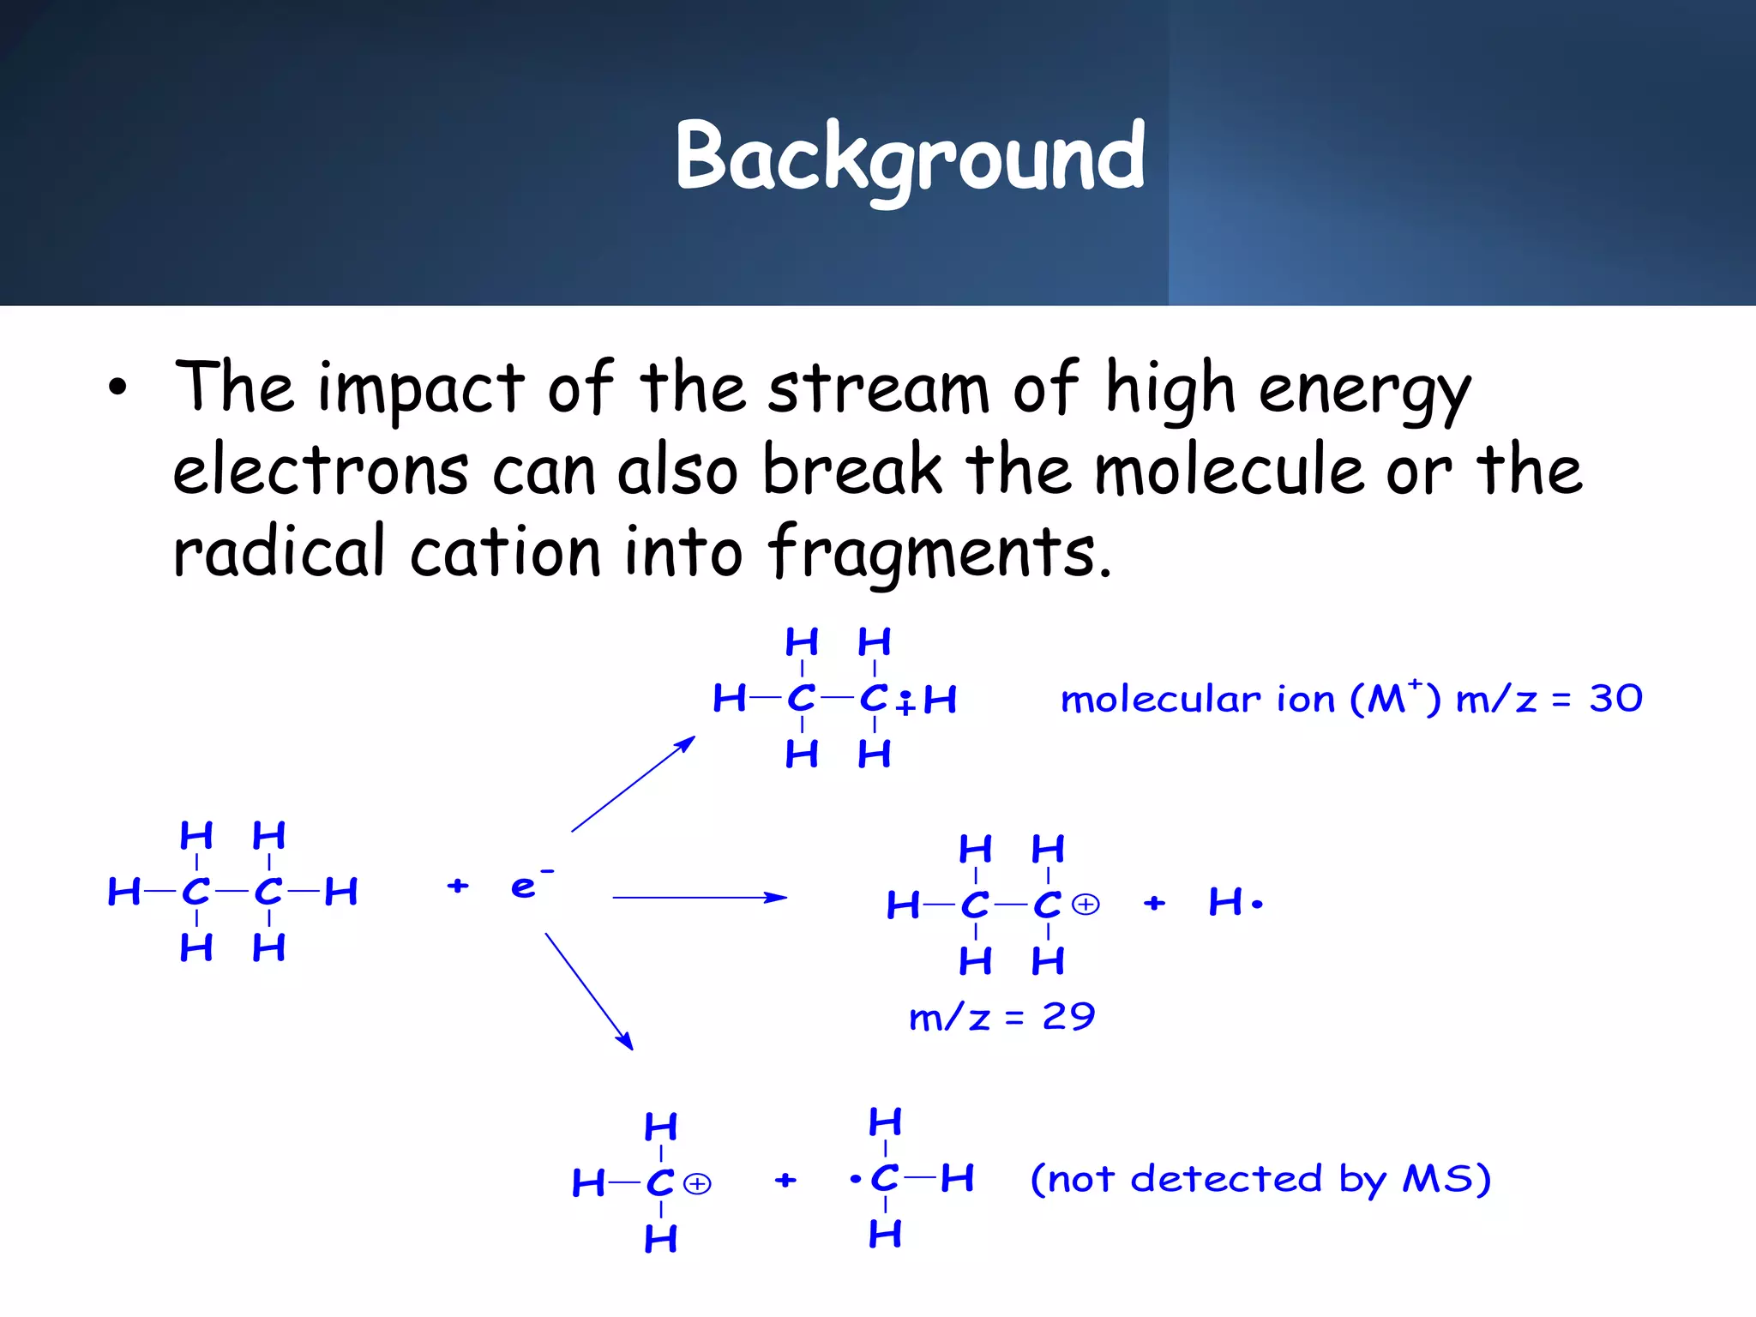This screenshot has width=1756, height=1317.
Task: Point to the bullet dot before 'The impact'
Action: tap(117, 388)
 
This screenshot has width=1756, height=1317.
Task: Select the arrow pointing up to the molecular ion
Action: tap(633, 784)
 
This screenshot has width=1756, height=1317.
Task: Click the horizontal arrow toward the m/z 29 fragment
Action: tap(699, 898)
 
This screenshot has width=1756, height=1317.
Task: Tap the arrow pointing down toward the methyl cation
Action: tap(589, 991)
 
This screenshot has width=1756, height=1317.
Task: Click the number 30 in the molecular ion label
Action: tap(1615, 699)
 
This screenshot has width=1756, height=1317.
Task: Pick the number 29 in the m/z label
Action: tap(1068, 1017)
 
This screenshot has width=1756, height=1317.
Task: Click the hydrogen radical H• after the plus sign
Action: tap(1235, 903)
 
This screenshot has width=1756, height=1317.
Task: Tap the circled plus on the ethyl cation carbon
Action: tap(1086, 905)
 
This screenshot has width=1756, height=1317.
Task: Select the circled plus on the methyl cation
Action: tap(698, 1184)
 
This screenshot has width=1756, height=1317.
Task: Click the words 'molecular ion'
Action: tap(1198, 700)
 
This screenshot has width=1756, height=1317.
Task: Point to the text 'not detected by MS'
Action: tap(1260, 1180)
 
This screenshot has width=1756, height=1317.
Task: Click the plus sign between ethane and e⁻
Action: tap(458, 886)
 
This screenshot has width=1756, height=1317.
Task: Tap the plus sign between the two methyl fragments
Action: tap(785, 1181)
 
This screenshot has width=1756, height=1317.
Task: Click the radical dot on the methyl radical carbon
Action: tap(855, 1180)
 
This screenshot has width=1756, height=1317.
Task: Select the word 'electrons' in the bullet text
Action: tap(321, 472)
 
